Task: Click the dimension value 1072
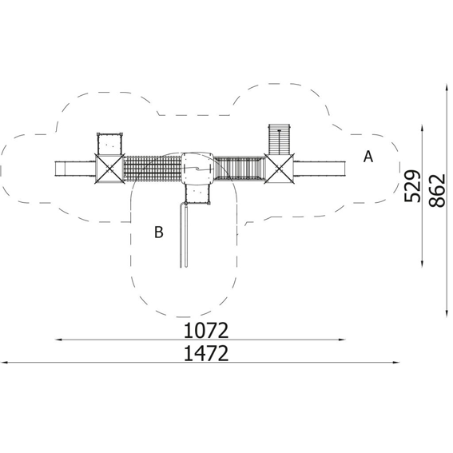pos(206,331)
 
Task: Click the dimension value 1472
pos(206,353)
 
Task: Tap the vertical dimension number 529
pos(412,187)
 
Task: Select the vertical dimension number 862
pos(437,190)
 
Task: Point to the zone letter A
pos(368,157)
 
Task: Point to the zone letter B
pos(159,232)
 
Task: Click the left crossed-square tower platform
pos(109,169)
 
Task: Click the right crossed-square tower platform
pos(279,169)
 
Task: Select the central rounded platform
pos(197,169)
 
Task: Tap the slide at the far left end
pos(75,169)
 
